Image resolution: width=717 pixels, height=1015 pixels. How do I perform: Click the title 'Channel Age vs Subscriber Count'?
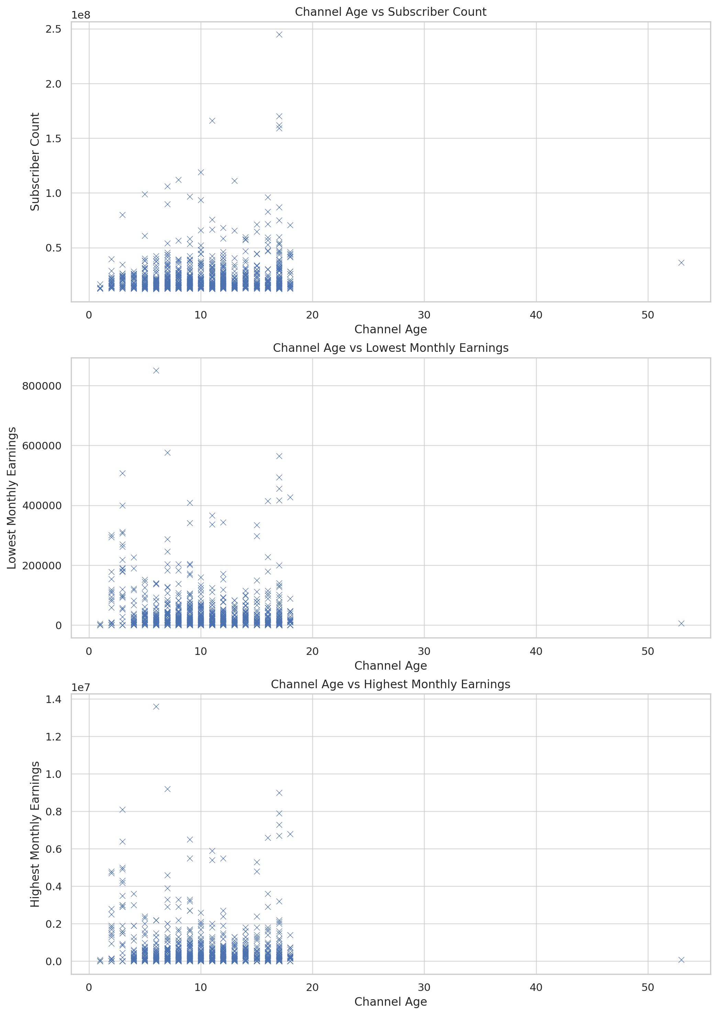[x=390, y=12]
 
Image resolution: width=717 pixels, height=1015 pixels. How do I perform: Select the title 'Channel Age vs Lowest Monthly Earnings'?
[x=390, y=348]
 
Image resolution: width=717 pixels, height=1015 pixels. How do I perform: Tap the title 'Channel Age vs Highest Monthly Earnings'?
[x=390, y=684]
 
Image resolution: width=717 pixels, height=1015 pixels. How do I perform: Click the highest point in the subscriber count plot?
[x=279, y=34]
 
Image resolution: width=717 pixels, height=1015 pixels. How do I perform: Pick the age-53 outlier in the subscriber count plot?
[x=681, y=263]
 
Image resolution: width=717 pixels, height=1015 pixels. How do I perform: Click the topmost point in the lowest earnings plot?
[x=156, y=370]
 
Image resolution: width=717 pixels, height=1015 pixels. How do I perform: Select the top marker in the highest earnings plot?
[x=156, y=707]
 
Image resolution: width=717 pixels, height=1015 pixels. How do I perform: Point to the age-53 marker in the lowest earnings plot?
[x=681, y=623]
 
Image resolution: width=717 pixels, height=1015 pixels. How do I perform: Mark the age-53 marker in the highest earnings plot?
[x=681, y=960]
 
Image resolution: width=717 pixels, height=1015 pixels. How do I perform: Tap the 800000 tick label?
[x=42, y=386]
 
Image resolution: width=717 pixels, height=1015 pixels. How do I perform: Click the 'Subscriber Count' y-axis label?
[x=35, y=161]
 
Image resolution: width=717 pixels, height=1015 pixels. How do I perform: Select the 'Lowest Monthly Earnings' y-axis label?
[x=12, y=498]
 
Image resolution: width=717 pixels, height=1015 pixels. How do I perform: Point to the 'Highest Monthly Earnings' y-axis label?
[x=35, y=834]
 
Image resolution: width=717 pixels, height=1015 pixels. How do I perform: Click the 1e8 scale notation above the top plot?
[x=80, y=15]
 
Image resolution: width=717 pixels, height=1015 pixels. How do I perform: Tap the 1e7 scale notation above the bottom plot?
[x=80, y=688]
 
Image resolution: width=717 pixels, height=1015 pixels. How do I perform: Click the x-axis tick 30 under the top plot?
[x=424, y=315]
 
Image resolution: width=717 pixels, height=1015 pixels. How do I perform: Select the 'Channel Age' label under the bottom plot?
[x=390, y=1002]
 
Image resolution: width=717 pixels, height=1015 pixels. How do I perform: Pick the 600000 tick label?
[x=42, y=446]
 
